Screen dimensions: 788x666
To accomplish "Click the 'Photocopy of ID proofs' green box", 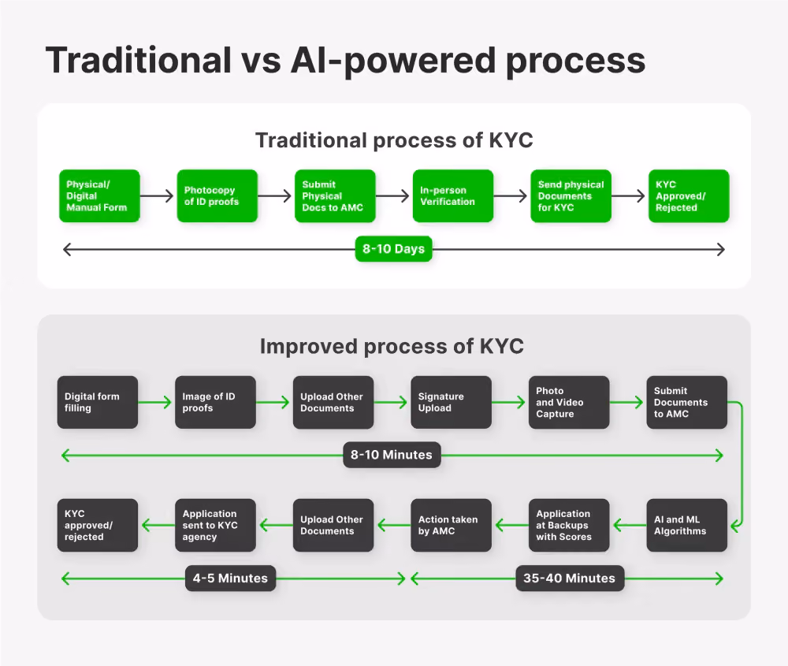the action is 217,196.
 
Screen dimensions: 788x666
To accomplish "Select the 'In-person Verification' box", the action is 453,196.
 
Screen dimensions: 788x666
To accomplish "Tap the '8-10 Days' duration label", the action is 393,249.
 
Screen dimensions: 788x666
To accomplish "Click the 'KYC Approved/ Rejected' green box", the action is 689,196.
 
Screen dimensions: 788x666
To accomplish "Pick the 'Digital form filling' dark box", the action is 98,402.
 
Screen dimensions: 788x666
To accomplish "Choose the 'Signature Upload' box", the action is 451,402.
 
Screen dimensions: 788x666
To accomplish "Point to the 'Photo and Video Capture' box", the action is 569,402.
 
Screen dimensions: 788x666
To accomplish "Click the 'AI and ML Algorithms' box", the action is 686,525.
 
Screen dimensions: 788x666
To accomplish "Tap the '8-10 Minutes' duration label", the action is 392,455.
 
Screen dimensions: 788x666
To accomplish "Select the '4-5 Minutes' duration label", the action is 230,578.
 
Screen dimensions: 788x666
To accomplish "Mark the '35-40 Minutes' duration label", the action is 570,578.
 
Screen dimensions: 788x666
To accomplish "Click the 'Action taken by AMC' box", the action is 451,525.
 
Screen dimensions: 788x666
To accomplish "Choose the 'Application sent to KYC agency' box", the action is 215,525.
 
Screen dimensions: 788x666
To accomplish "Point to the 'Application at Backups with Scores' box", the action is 569,525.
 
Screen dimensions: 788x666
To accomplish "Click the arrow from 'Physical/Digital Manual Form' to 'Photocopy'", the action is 156,196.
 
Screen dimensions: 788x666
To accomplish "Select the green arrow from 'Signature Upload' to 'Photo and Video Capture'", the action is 508,402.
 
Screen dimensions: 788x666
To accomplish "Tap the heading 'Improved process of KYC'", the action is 392,346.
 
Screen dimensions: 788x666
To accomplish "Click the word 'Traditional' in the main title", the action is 139,61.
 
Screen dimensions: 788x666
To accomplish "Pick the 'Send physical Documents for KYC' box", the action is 571,196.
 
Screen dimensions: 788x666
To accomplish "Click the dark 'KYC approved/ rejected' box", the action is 98,525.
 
